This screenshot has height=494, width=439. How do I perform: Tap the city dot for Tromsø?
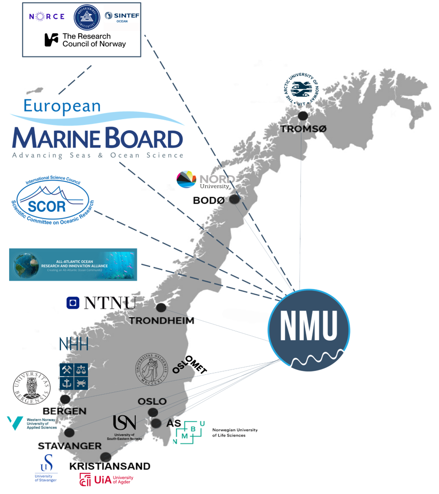coord(303,116)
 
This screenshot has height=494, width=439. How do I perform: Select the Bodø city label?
coord(208,200)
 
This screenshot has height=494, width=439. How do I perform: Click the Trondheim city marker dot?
coord(161,307)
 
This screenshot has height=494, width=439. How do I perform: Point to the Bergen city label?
coord(64,411)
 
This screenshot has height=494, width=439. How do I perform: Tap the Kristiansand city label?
coord(110,466)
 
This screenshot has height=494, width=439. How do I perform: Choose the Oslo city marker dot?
coord(153,412)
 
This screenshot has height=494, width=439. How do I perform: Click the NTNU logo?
coord(101,302)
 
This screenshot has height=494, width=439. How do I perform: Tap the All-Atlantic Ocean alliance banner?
coord(73,264)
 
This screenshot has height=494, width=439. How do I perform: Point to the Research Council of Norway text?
coord(85,40)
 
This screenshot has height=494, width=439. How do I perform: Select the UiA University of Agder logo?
coord(106,479)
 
